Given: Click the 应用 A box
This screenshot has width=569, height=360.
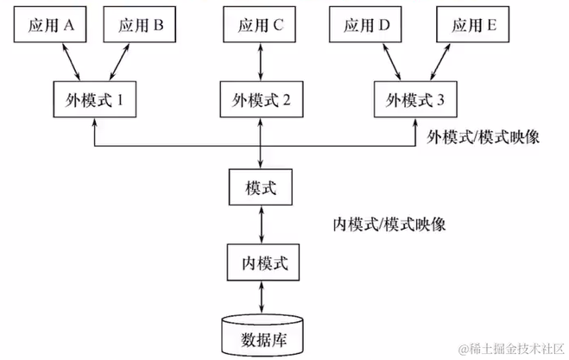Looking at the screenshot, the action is pos(50,24).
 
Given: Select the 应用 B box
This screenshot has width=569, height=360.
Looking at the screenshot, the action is pos(140,24).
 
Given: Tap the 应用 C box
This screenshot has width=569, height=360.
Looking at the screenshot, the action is pos(260,24).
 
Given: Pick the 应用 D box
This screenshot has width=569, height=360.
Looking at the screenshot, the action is pos(365,24).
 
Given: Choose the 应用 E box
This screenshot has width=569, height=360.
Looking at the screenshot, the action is pos(473,24).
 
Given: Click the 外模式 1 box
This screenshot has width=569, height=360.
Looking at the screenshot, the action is pos(95,99).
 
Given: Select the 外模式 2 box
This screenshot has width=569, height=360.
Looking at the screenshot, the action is pos(262,99).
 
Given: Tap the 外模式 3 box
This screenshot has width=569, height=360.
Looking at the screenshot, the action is pos(415,99).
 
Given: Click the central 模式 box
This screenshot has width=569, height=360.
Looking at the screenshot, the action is pos(261,186).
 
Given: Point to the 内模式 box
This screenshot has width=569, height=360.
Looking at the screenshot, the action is pos(263,262).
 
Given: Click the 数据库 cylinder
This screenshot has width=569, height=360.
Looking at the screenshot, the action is pos(262,336).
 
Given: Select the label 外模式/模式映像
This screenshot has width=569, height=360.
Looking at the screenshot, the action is pos(483,137).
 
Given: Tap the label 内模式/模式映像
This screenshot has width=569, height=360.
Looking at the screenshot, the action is pos(389,224).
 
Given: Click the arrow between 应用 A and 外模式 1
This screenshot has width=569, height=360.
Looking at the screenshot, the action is pos(71,61).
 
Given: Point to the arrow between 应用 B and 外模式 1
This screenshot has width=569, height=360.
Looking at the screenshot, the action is pos(119,61).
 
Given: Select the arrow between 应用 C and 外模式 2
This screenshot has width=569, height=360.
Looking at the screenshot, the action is pos(260,61).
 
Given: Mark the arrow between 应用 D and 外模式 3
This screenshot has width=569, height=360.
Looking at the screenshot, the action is pos(391,61).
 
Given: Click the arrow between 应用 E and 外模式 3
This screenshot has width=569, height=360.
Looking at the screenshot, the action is pos(440,61).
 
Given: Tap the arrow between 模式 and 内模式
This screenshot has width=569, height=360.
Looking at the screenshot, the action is pos(262,224).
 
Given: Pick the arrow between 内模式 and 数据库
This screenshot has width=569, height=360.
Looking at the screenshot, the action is pos(262,297).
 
